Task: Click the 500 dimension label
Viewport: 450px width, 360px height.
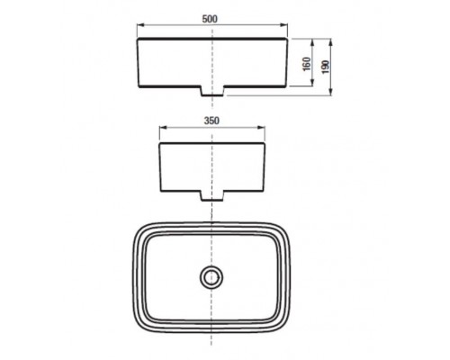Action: click(x=210, y=19)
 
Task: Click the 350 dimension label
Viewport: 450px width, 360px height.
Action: click(x=211, y=121)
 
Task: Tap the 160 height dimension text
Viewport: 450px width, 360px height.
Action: click(x=307, y=64)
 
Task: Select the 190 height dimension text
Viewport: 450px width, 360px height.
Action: click(x=326, y=67)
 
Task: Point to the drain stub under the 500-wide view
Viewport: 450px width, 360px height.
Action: click(x=212, y=91)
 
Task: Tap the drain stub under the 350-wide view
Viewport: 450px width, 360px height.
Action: click(x=212, y=195)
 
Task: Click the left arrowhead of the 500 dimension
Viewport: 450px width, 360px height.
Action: click(x=140, y=26)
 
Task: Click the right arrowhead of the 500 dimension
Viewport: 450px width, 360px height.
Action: click(x=284, y=26)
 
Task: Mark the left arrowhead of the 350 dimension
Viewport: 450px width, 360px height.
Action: click(x=163, y=128)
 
